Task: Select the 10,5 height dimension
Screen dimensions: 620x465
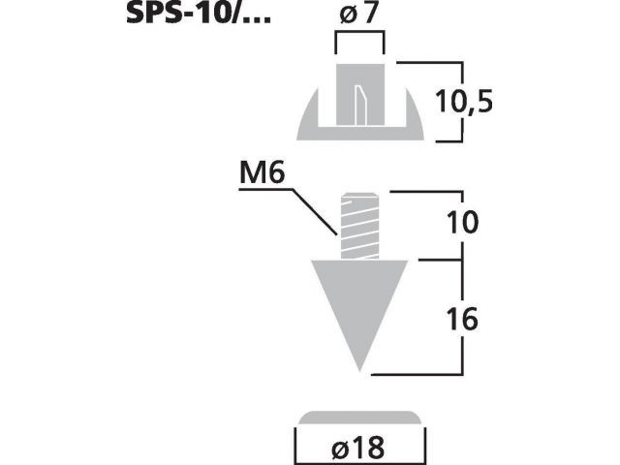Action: pos(464,102)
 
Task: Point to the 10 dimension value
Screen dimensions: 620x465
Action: pos(462,222)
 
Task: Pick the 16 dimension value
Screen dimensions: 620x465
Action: pos(462,319)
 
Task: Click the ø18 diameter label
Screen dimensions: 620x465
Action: pos(357,448)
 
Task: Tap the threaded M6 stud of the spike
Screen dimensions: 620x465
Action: pos(359,226)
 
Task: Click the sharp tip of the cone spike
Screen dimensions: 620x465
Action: pos(359,372)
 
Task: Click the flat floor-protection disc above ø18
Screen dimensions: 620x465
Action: pos(359,418)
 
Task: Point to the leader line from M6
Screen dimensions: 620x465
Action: pos(289,212)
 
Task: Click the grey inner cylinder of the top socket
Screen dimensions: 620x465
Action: pos(359,95)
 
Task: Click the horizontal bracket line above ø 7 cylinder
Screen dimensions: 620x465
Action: pos(359,34)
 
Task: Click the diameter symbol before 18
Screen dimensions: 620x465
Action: pos(339,449)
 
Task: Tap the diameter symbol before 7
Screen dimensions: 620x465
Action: pos(348,15)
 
